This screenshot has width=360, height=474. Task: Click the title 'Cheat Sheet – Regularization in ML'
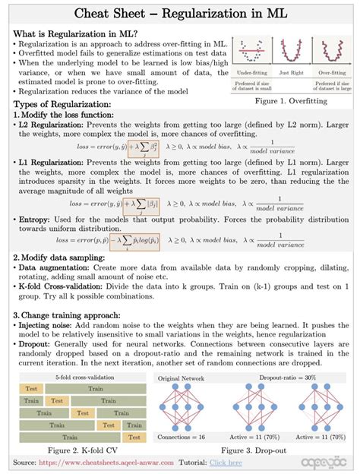click(179, 14)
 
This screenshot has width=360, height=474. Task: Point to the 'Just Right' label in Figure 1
click(292, 73)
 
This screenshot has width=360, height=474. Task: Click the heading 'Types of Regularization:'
click(62, 104)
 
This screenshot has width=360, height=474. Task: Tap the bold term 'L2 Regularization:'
click(53, 124)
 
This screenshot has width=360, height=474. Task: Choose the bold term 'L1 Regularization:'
click(53, 163)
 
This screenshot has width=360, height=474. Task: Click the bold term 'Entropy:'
click(36, 220)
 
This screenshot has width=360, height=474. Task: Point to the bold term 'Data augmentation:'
click(54, 269)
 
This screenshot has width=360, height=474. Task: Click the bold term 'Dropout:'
click(39, 343)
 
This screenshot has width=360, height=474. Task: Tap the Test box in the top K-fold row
click(29, 389)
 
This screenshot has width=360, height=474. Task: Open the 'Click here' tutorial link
click(226, 463)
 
